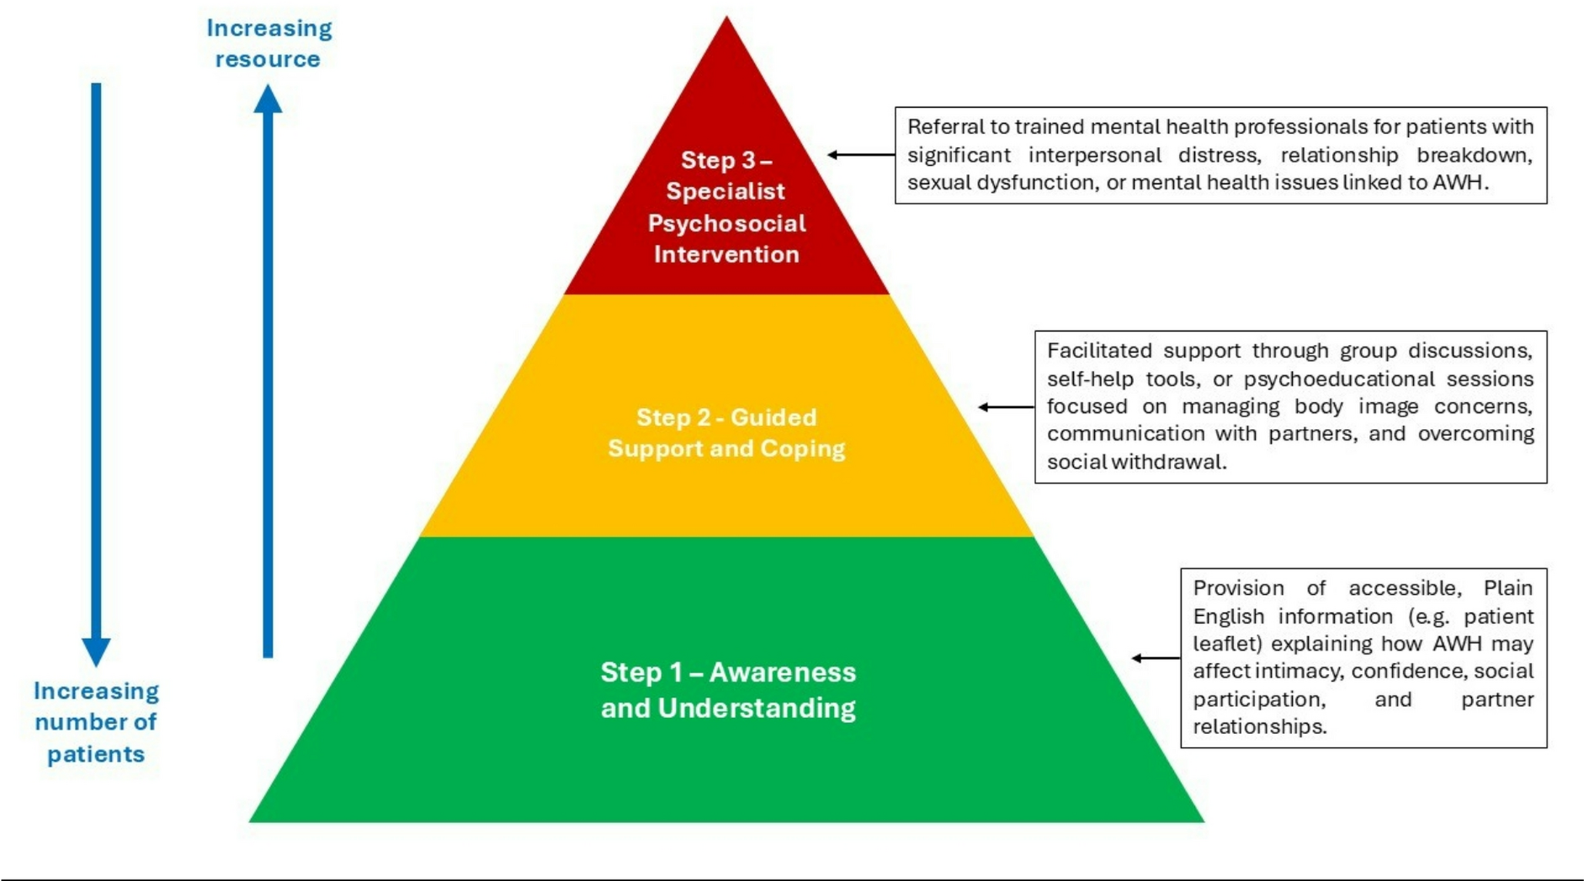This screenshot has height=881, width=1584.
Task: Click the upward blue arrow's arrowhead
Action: click(267, 100)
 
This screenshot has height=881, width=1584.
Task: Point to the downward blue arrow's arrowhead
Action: click(96, 651)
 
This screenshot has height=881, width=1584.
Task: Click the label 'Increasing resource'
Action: click(269, 43)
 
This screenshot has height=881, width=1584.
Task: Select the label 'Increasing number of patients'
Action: click(96, 722)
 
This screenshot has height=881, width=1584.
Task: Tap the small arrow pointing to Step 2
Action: click(1005, 407)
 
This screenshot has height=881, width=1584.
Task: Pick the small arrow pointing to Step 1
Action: click(1155, 658)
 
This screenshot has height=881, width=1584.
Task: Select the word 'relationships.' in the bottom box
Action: click(1260, 727)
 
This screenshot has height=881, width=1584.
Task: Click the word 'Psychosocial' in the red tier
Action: click(727, 223)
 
